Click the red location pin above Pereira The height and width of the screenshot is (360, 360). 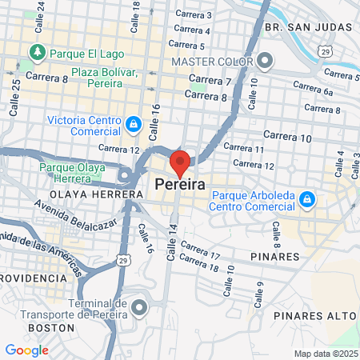(180, 162)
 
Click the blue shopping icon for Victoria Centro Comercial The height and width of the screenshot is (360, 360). (133, 124)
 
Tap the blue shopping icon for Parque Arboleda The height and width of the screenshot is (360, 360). (306, 198)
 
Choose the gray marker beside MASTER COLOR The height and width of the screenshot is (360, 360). (266, 61)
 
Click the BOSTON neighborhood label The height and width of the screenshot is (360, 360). (51, 328)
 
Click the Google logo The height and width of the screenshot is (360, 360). (26, 350)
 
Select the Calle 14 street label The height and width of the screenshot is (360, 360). (171, 241)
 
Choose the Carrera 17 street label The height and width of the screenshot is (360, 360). (200, 250)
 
